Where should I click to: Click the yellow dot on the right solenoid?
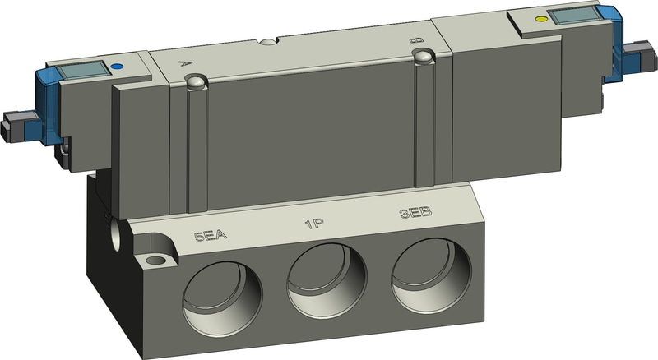[x=540, y=18]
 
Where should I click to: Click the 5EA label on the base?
[x=211, y=238]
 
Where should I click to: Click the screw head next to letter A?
[x=195, y=82]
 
